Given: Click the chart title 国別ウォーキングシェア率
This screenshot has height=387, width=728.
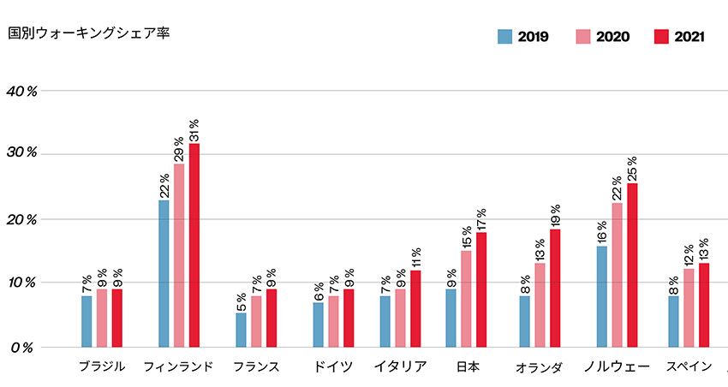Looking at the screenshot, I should (x=88, y=34).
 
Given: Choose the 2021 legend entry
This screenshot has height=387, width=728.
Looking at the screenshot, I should (x=678, y=37).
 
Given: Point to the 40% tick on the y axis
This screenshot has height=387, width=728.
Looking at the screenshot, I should (x=21, y=90).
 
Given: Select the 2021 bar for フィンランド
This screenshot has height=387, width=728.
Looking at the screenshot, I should (x=194, y=245).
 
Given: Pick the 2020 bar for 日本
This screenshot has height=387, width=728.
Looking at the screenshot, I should (x=466, y=298).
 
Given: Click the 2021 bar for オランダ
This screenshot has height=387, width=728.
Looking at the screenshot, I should (x=555, y=288).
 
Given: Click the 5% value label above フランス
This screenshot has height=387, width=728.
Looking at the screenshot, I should (x=241, y=301).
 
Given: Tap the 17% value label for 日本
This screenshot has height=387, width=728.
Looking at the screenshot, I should (x=481, y=219).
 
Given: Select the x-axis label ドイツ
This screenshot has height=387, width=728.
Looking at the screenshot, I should (x=333, y=366).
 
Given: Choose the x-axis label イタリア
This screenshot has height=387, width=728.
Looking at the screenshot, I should (x=400, y=366).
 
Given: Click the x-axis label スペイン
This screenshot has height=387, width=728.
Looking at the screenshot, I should (x=689, y=366).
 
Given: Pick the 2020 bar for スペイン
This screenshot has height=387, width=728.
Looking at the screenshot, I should (x=689, y=307).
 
